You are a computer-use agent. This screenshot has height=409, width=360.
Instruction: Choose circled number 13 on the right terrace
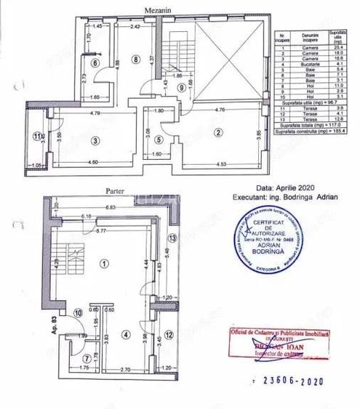tap(172, 238)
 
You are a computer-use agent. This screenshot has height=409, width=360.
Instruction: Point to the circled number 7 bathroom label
tap(87, 357)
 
